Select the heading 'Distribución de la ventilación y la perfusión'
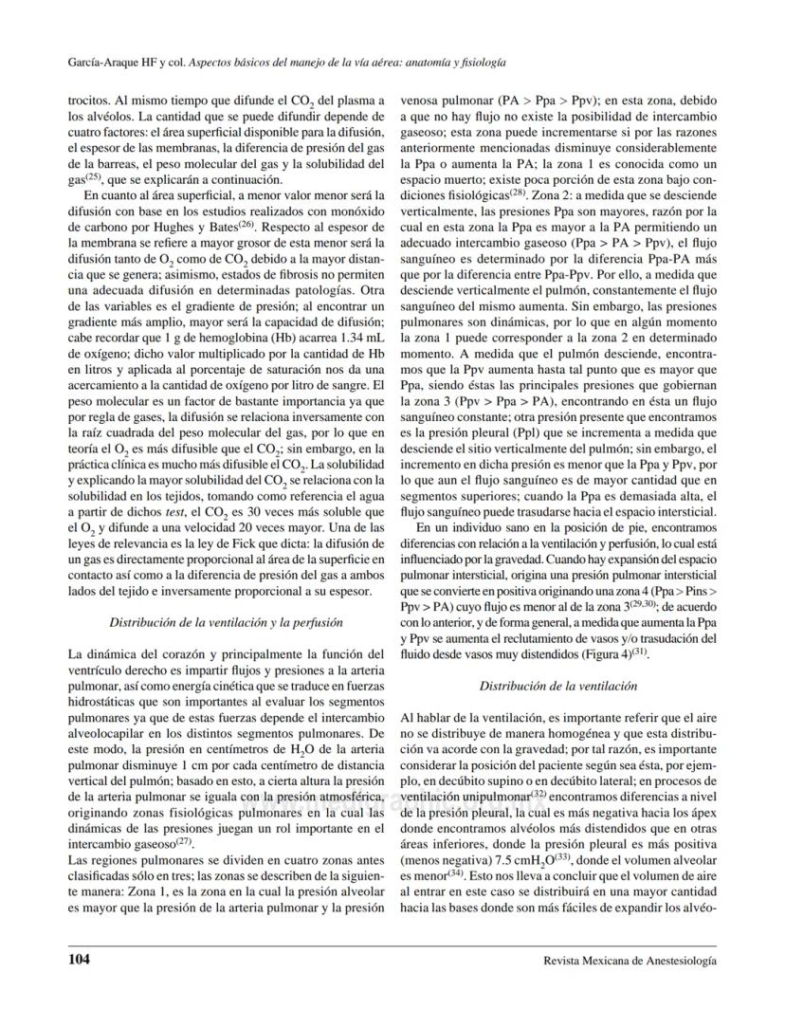213,623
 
